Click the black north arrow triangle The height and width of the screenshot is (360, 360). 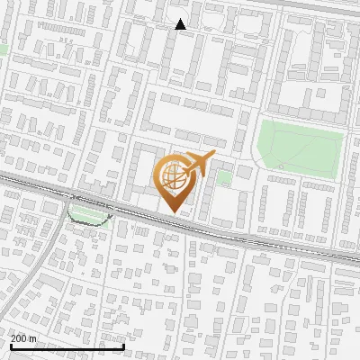coord(181,24)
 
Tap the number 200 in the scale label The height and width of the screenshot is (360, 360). coord(20,337)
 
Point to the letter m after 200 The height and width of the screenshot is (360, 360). coord(33,337)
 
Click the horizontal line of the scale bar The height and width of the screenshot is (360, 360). coord(67,346)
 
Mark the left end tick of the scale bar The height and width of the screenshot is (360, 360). coord(10,345)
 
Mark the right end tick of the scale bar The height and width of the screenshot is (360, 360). coord(123,345)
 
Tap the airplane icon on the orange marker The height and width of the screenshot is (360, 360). coord(199,165)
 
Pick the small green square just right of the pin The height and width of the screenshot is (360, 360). coord(224,178)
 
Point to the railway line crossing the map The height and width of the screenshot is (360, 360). coord(270,240)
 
